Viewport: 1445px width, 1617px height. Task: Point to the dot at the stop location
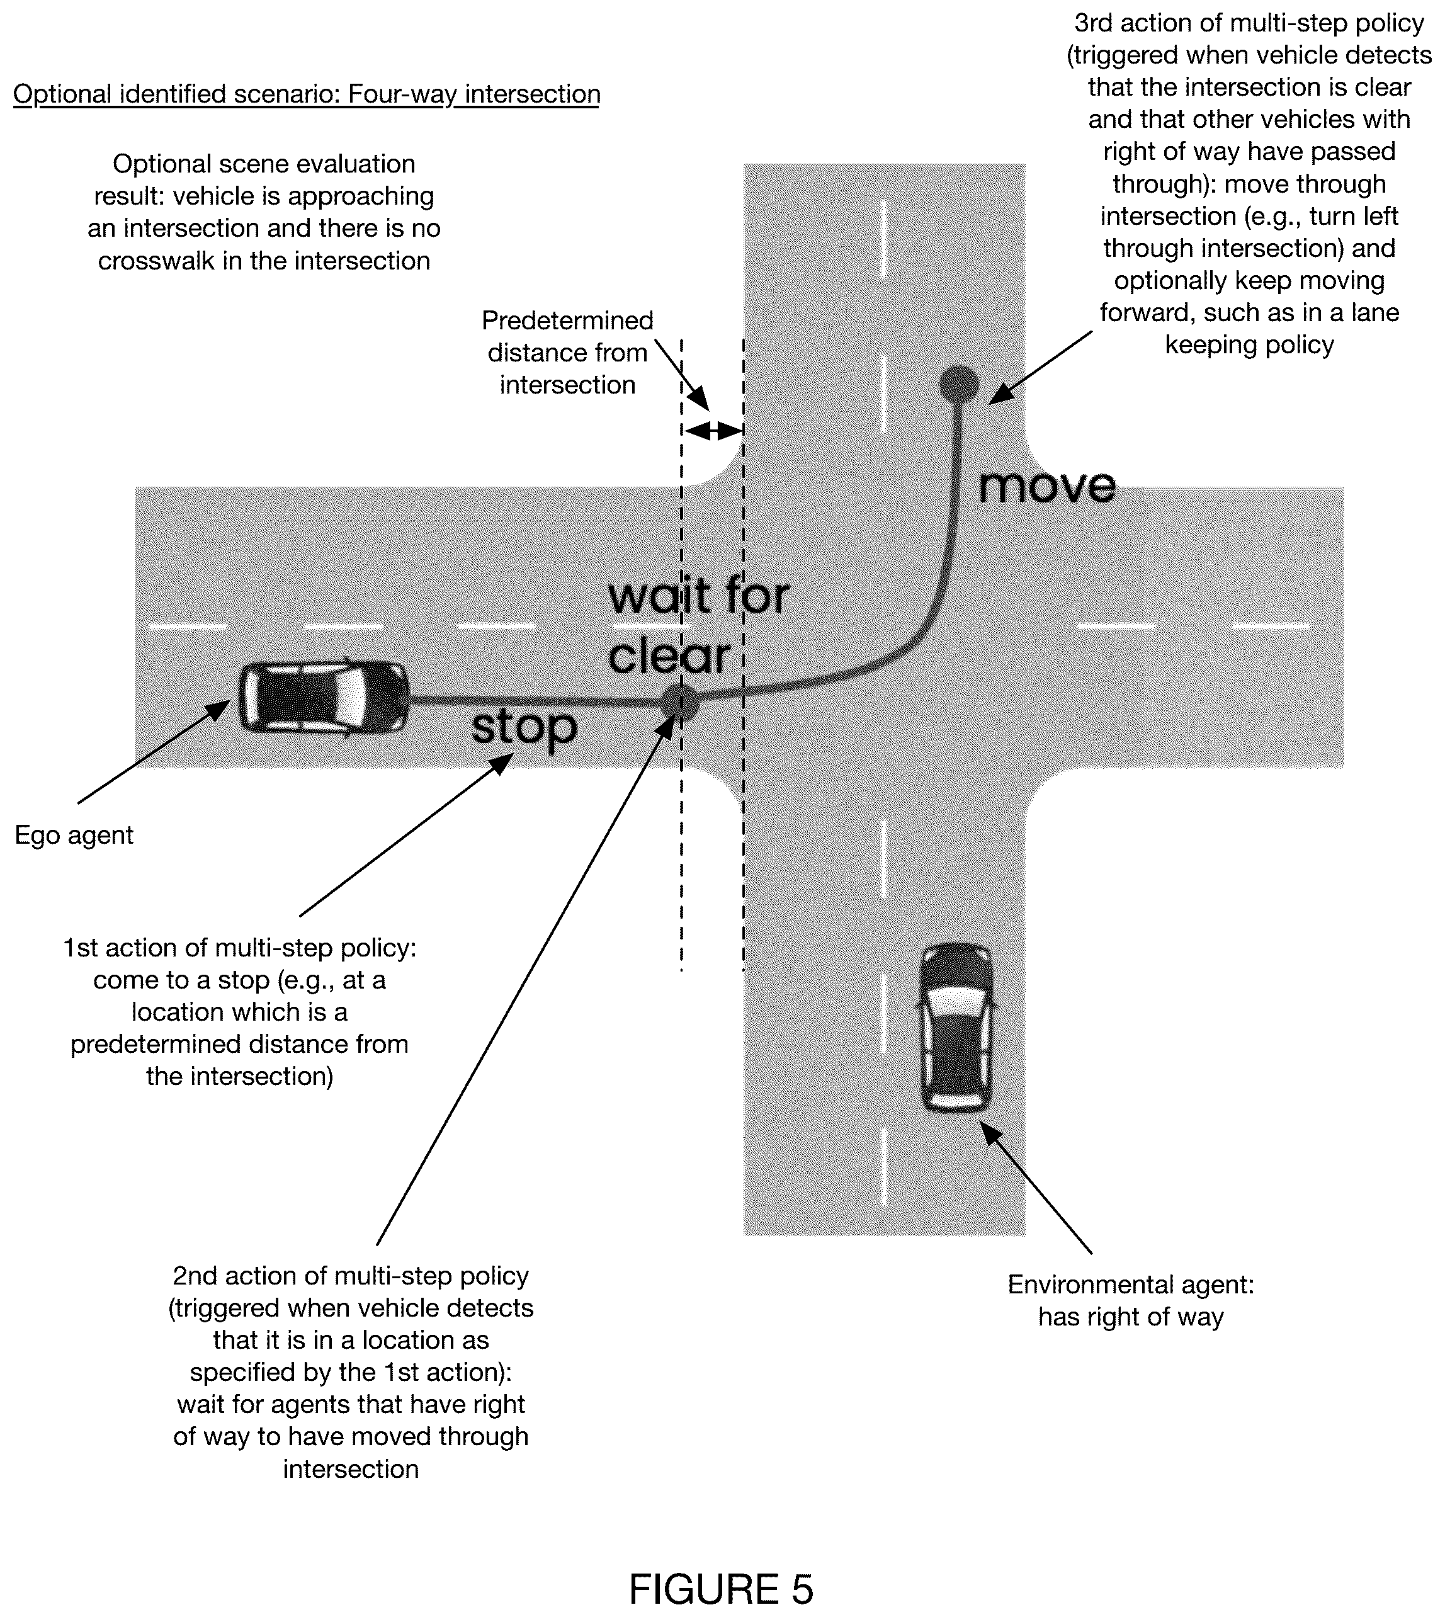click(x=681, y=701)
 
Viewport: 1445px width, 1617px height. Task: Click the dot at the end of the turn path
click(x=959, y=384)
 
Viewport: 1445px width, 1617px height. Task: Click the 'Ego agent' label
click(x=74, y=835)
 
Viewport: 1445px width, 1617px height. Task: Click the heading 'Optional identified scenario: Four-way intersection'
click(x=307, y=94)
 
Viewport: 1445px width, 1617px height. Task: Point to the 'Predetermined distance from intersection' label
click(x=568, y=353)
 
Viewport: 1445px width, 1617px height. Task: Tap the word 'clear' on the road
click(x=669, y=657)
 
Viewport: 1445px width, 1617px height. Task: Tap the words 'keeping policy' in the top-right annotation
click(x=1249, y=344)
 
